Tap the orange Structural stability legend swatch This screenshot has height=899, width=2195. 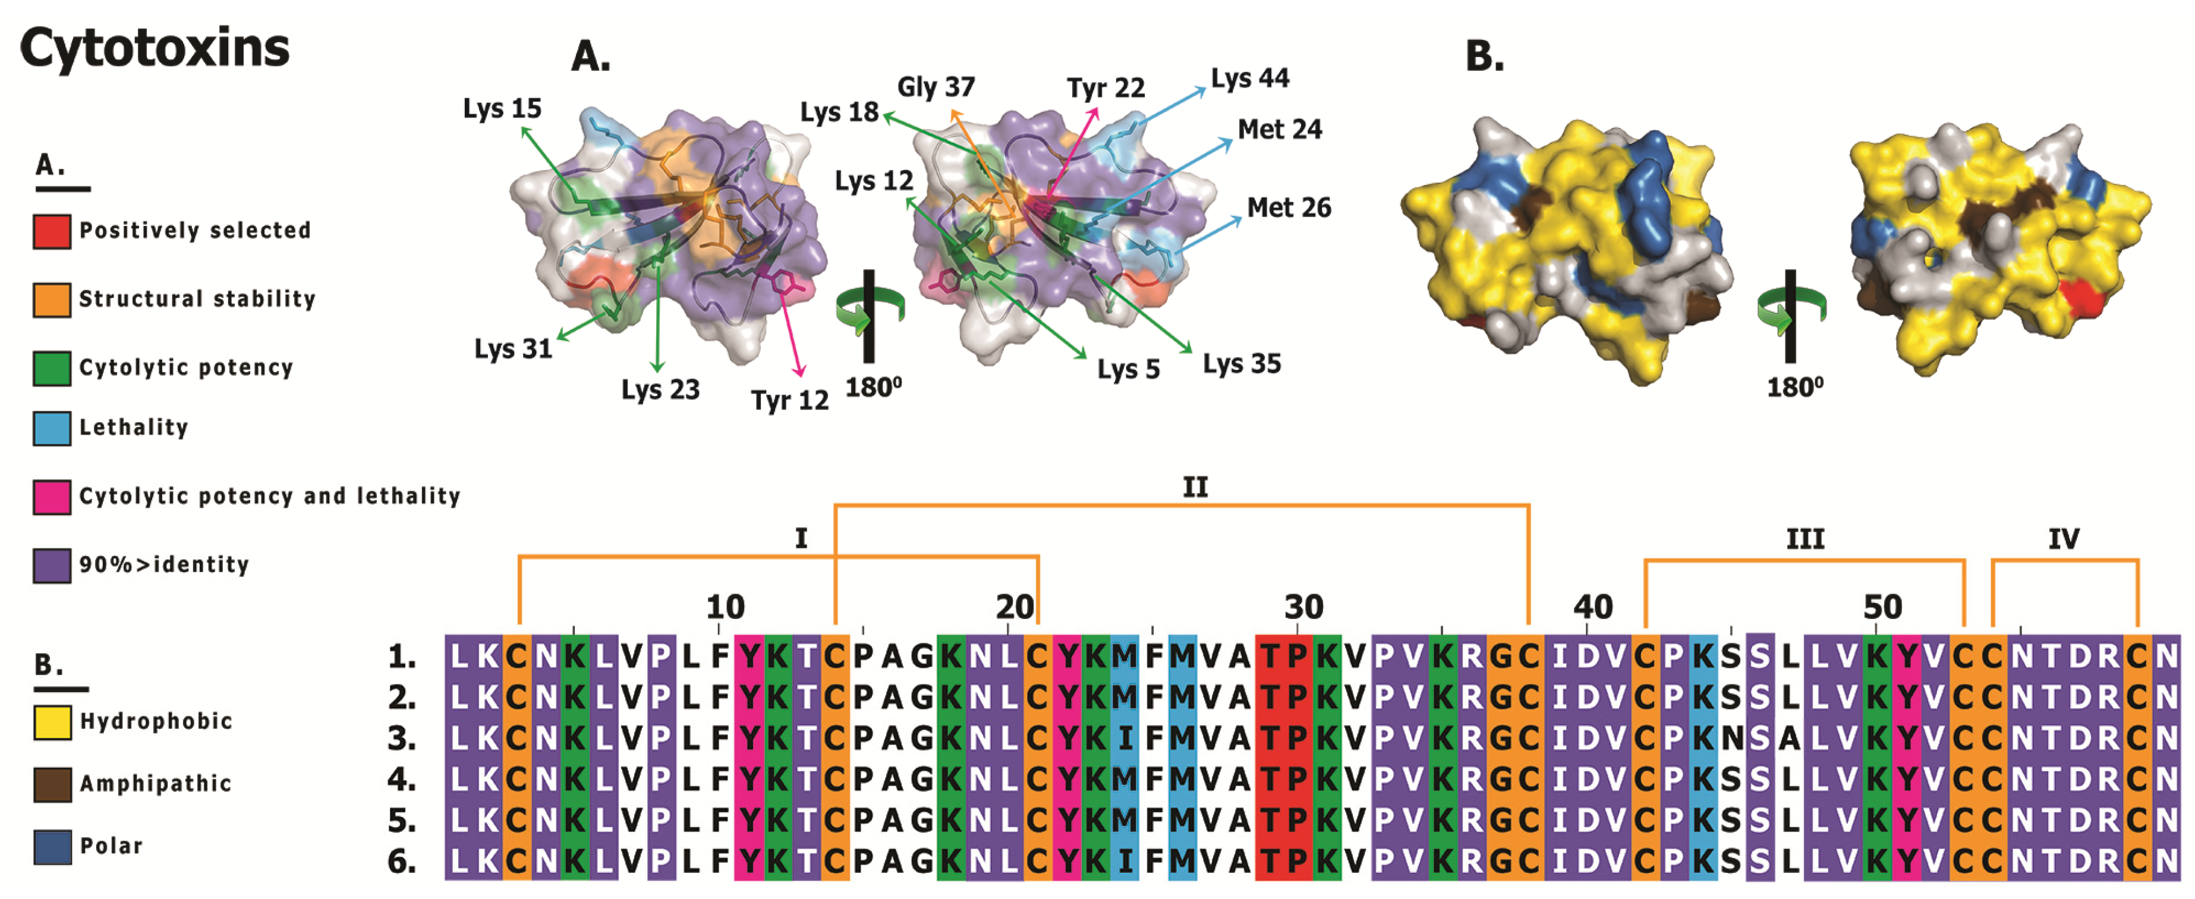(x=51, y=300)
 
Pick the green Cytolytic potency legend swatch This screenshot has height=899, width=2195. (x=51, y=368)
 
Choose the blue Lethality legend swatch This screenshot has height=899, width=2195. (x=51, y=428)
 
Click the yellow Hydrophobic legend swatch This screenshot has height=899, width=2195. (x=51, y=722)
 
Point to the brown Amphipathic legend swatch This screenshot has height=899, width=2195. (x=51, y=784)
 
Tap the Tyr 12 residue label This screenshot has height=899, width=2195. (x=789, y=401)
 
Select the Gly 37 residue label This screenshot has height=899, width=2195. (x=936, y=87)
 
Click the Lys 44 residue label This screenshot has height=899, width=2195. (x=1250, y=78)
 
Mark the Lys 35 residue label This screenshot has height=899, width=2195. (x=1242, y=364)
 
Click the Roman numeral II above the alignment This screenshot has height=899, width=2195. (x=1195, y=488)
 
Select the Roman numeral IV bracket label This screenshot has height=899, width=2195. (x=2063, y=539)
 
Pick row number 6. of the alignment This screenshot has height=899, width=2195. (x=402, y=862)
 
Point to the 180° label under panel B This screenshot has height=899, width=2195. (x=1794, y=388)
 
